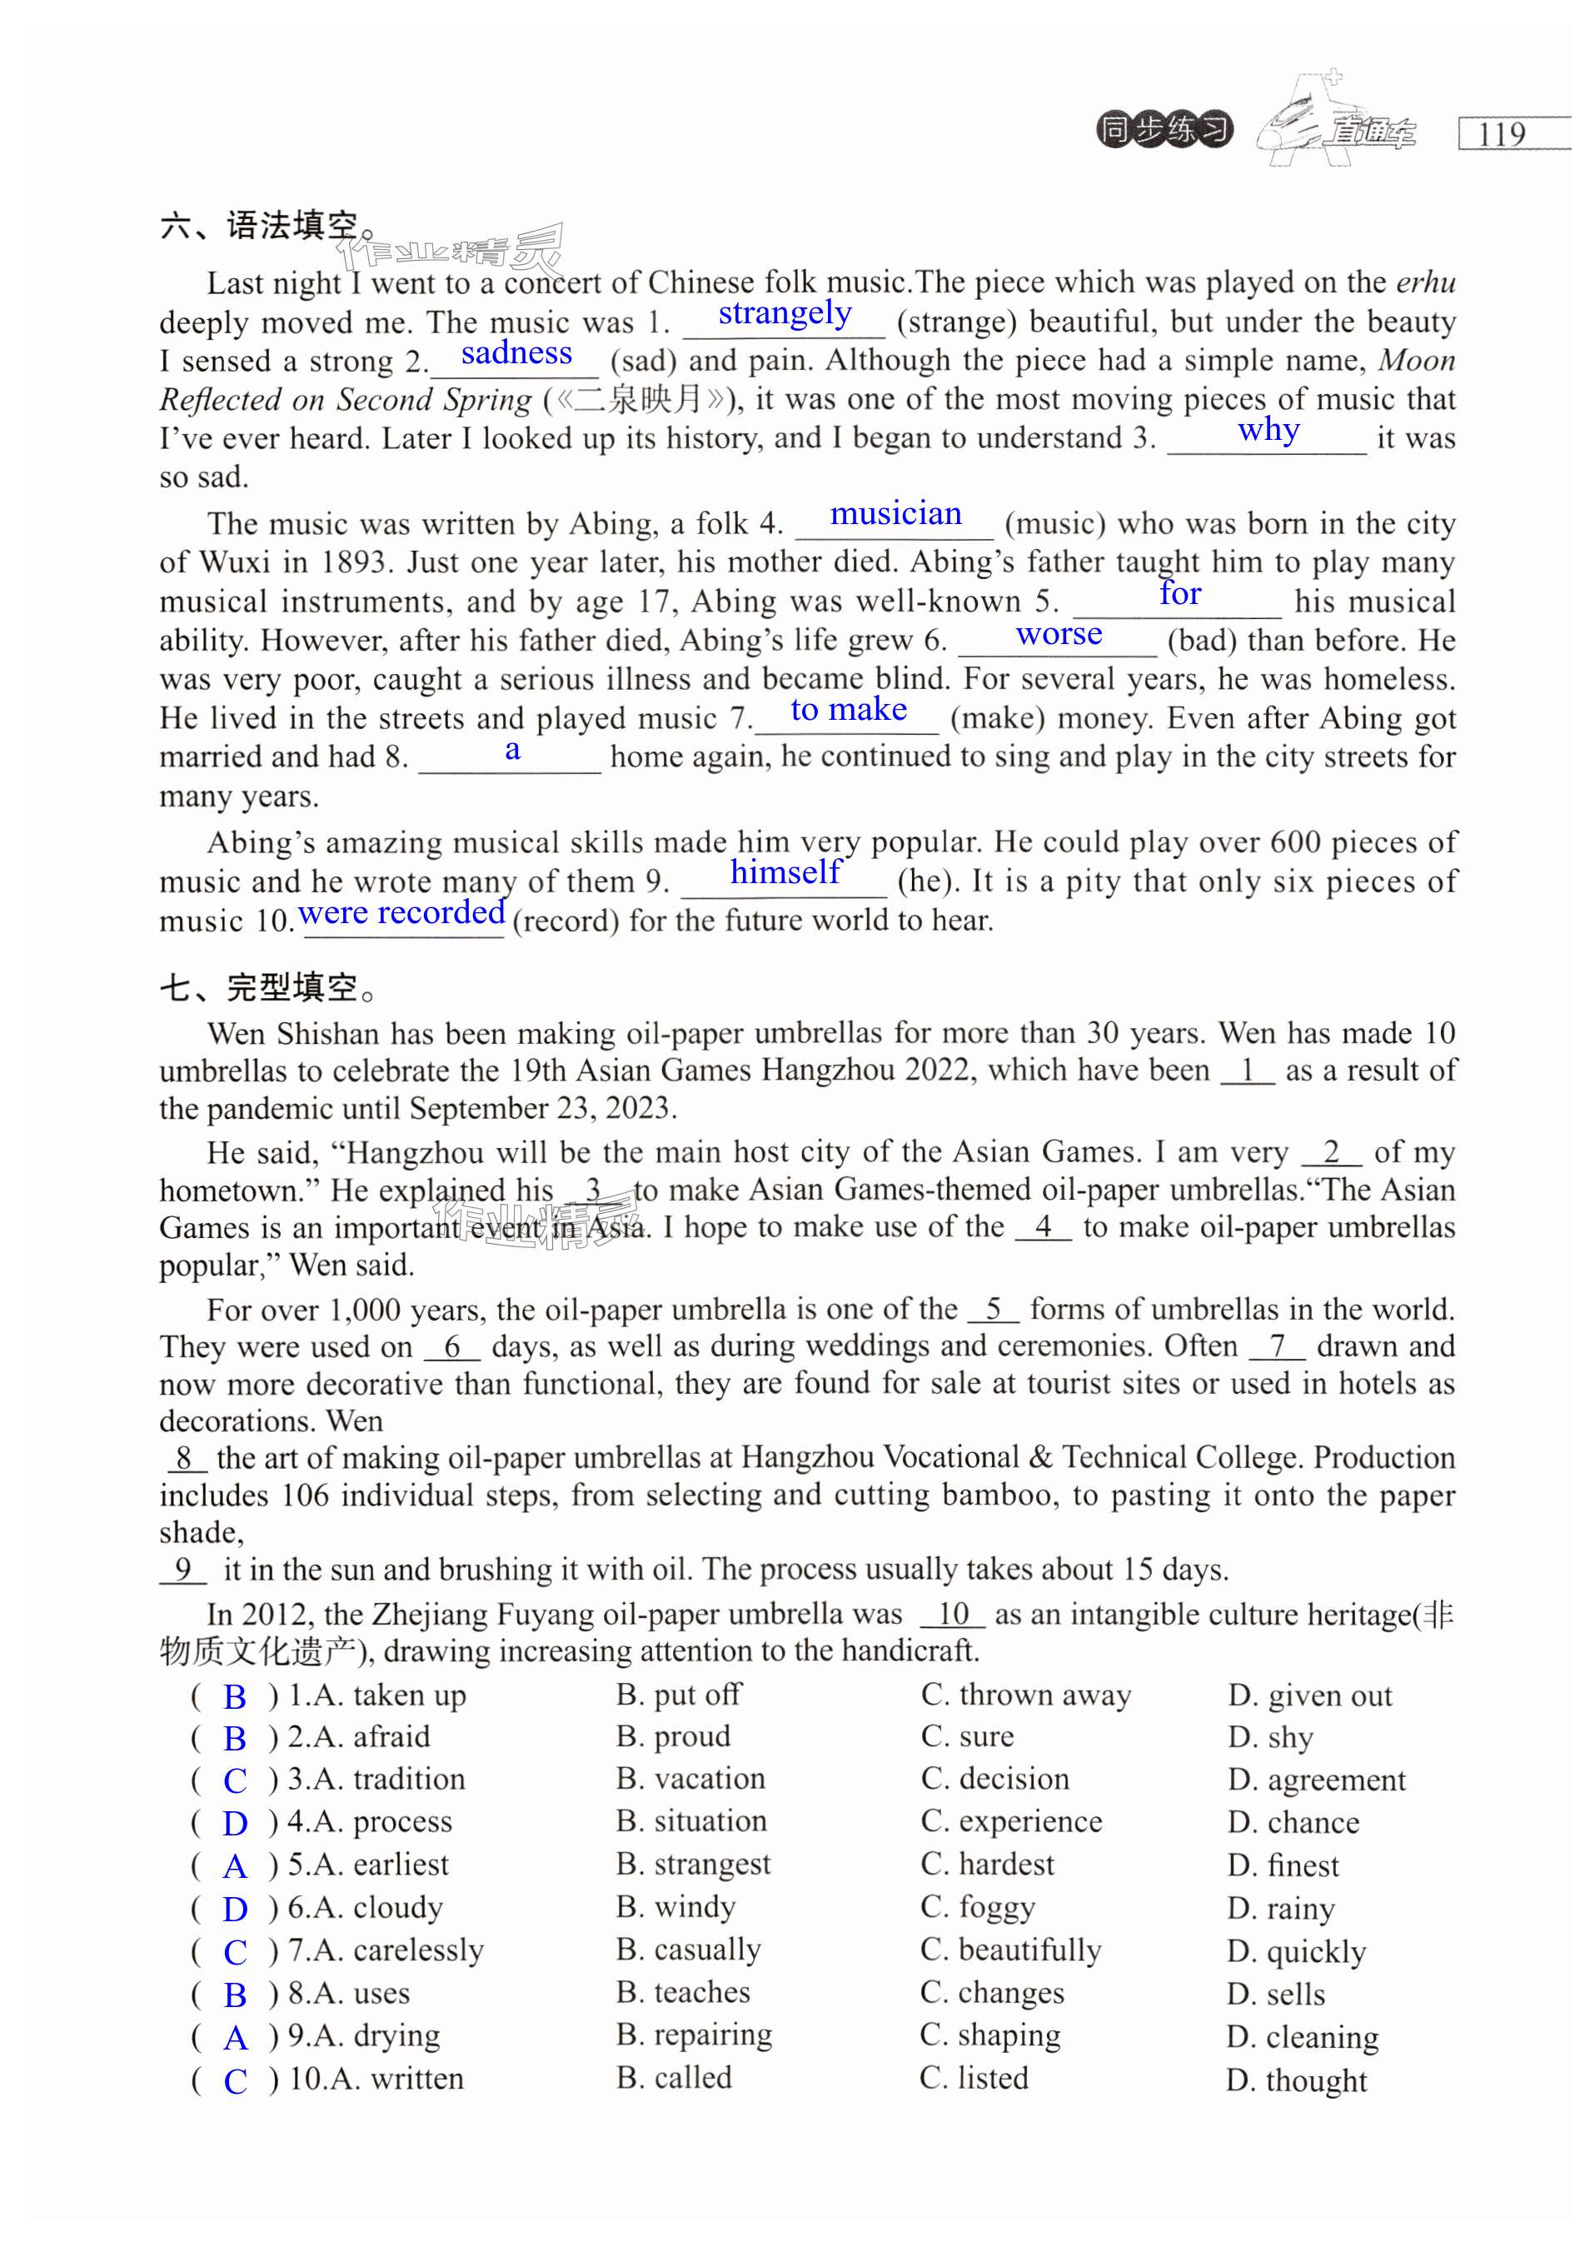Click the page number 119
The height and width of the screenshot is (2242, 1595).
1502,133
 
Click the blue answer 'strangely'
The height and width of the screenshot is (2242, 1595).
785,313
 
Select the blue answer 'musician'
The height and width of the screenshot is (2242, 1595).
895,514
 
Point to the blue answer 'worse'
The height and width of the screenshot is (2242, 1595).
1059,634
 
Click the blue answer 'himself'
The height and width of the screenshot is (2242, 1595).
785,871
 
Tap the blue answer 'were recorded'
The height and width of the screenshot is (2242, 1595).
401,913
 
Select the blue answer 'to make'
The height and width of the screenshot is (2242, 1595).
849,709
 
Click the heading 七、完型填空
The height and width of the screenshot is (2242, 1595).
267,987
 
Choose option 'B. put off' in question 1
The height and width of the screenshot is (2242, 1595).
679,1695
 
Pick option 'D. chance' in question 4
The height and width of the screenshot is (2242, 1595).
1293,1822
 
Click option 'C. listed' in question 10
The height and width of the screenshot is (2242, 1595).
974,2078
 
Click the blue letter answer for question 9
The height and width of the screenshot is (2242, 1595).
236,2038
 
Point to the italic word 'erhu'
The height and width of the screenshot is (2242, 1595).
1426,283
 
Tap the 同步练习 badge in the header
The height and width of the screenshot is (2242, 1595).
1164,130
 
